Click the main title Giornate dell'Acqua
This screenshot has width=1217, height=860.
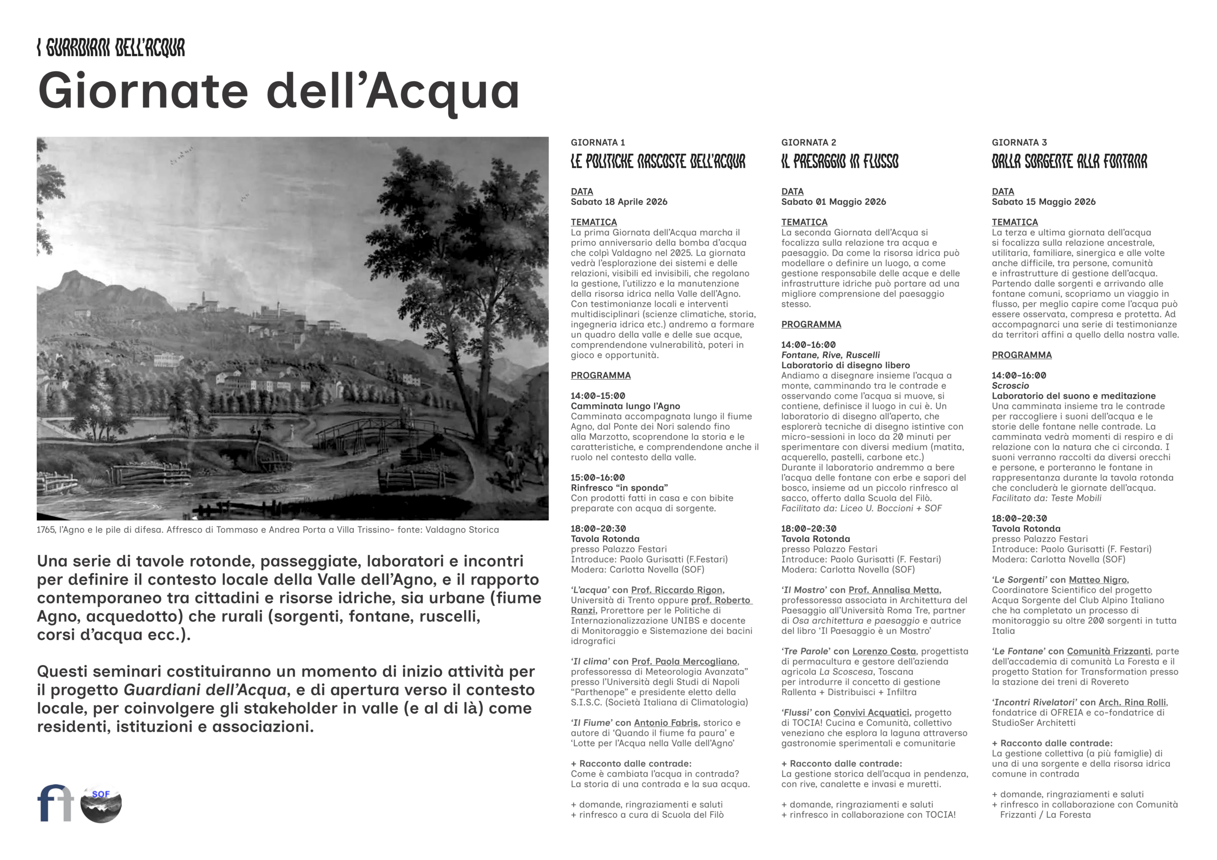[x=278, y=91]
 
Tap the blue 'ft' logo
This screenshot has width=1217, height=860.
[x=55, y=803]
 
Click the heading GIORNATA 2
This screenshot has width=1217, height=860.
[x=808, y=143]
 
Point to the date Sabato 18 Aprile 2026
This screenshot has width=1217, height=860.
[x=618, y=202]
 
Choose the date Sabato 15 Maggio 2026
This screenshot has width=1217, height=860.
[x=1043, y=202]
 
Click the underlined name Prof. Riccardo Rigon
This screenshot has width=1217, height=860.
[x=677, y=590]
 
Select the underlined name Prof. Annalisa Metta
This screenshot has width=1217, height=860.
[x=894, y=590]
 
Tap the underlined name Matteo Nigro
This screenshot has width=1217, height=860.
[x=1098, y=580]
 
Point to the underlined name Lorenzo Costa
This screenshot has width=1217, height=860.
[x=884, y=652]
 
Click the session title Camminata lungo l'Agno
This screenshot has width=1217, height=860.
[x=625, y=406]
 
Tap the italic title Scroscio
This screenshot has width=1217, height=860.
[x=1010, y=386]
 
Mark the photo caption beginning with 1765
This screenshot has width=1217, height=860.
[x=267, y=530]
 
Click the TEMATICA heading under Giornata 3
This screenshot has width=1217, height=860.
[x=1014, y=222]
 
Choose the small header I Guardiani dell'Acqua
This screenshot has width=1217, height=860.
[x=111, y=48]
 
